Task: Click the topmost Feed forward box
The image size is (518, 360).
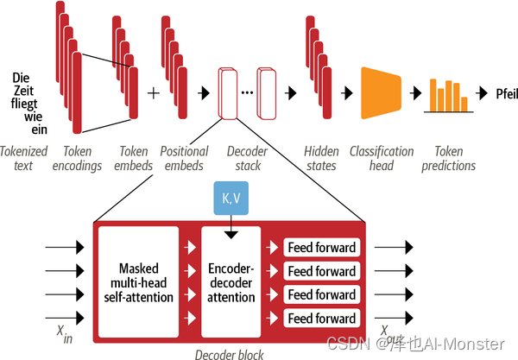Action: pos(321,248)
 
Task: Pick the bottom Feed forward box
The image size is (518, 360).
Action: pos(321,319)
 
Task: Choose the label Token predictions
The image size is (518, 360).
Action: pos(449,158)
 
